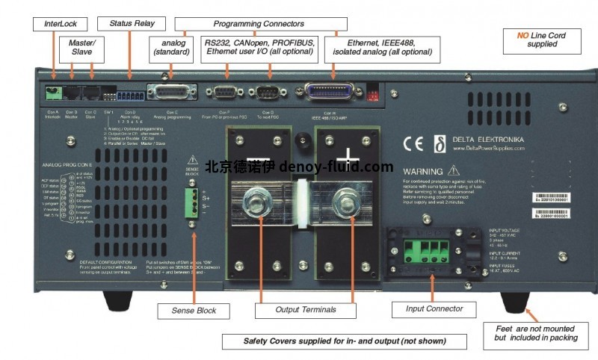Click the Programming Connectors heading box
click(249, 24)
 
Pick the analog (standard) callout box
click(172, 47)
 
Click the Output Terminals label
click(306, 309)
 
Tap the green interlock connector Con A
click(54, 93)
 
